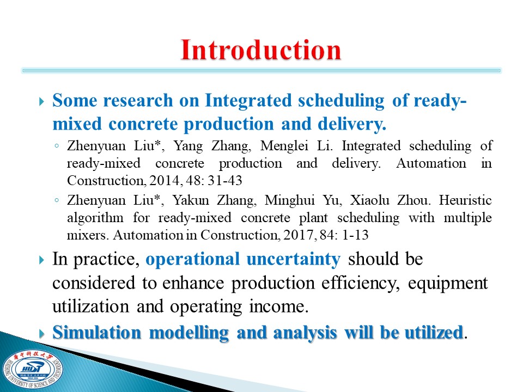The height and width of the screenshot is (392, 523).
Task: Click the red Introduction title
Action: tap(260, 50)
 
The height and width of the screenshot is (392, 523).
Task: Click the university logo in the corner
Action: tap(32, 369)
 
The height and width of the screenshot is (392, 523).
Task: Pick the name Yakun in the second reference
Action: tap(191, 200)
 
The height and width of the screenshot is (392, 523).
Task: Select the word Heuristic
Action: tap(465, 200)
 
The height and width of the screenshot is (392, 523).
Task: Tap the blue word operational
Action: tap(192, 260)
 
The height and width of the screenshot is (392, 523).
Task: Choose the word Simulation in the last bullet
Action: tap(97, 332)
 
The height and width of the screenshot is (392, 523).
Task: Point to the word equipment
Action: tap(448, 284)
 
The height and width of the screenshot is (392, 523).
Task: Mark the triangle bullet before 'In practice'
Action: tap(41, 260)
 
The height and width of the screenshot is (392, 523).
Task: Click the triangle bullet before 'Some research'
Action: tap(41, 101)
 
